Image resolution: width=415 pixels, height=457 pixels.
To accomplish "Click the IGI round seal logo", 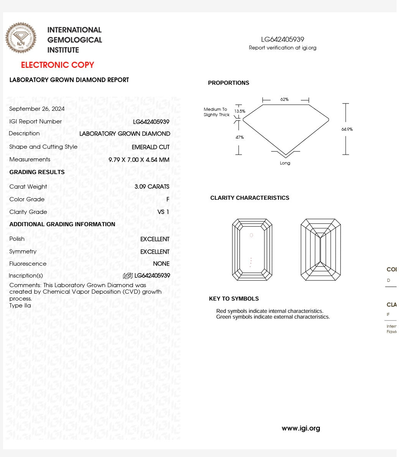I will [21, 38].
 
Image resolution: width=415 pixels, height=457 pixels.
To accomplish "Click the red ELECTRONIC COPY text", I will [58, 65].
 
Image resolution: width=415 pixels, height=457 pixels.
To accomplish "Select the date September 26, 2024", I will [37, 109].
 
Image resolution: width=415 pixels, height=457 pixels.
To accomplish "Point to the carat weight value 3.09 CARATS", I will [152, 187].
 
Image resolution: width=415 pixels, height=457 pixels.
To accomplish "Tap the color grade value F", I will [168, 199].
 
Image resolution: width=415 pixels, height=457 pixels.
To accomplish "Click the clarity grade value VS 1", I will [163, 212].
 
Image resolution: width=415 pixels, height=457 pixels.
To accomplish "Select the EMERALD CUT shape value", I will [150, 147].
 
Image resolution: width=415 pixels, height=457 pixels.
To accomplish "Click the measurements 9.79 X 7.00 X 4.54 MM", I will [139, 160].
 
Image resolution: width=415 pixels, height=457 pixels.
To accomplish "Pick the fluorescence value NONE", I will [161, 264].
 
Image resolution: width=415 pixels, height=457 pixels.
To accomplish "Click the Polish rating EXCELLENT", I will [155, 239].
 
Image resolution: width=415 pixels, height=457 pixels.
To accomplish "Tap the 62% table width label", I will [284, 99].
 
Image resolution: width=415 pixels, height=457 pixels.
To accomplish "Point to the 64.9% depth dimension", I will [347, 130].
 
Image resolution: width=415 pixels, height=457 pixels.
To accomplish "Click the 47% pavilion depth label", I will [240, 137].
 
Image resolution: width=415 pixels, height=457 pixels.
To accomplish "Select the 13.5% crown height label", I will [240, 111].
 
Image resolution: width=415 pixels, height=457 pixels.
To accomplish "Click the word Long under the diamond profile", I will [285, 163].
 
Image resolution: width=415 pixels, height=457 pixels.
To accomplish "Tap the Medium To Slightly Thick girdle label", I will [216, 112].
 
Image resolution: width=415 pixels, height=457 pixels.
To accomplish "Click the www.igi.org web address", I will [301, 428].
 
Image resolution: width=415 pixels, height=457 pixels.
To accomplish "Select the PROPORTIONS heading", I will [229, 83].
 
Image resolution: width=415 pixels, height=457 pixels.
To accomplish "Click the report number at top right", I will [283, 39].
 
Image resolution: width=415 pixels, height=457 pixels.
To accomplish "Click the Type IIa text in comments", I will [20, 306].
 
